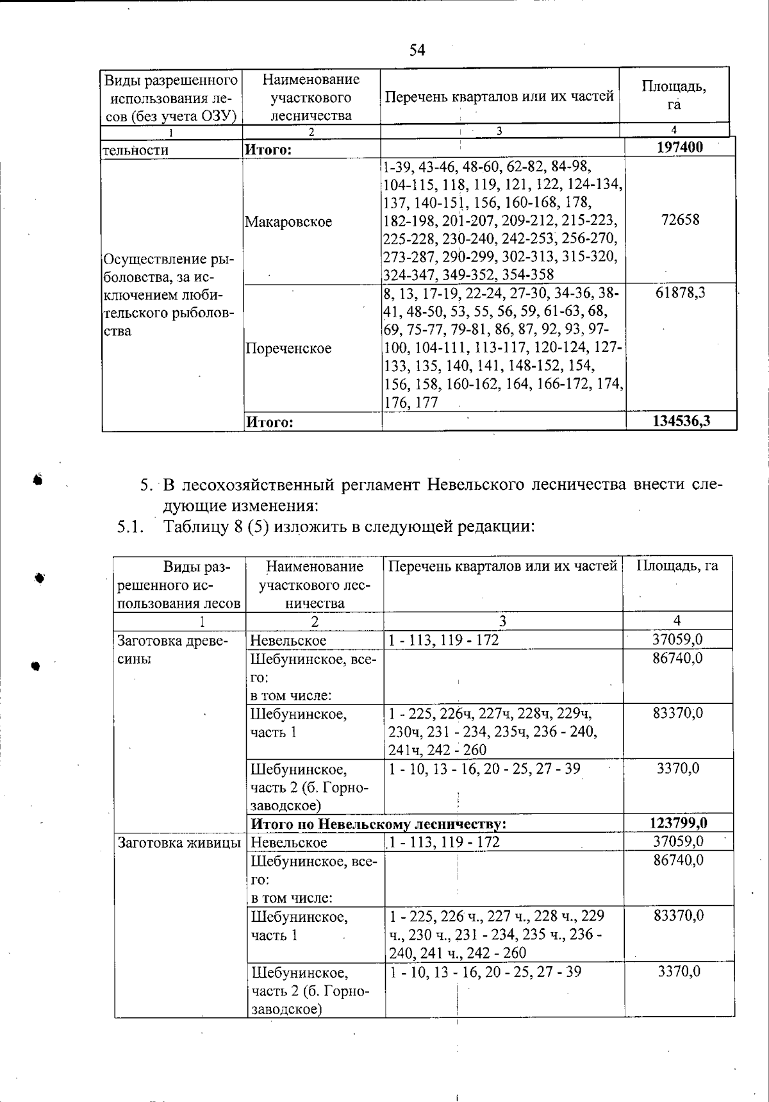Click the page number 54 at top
click(x=417, y=50)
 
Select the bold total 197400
click(x=680, y=147)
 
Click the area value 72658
click(x=680, y=220)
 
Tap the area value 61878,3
click(x=680, y=293)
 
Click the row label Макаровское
click(x=288, y=222)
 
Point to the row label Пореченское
click(x=288, y=348)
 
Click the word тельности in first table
click(x=136, y=150)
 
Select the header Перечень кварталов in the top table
click(x=499, y=97)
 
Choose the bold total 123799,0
click(x=679, y=822)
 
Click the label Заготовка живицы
click(x=179, y=842)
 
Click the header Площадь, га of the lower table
click(x=677, y=565)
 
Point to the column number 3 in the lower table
click(x=502, y=621)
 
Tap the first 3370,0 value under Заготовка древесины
click(x=678, y=768)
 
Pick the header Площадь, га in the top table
click(x=674, y=96)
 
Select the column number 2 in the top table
click(x=311, y=132)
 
